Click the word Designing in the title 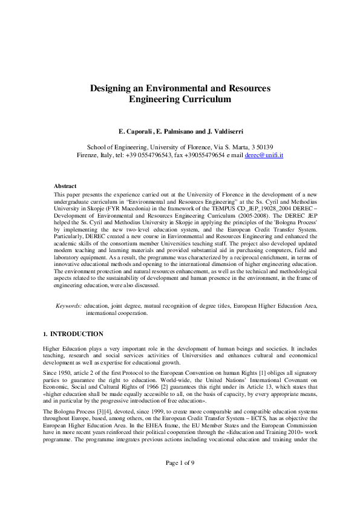(110, 88)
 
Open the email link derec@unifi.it (264, 155)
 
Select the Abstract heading (65, 186)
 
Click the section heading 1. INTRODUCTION (73, 334)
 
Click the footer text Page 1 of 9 (180, 479)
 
